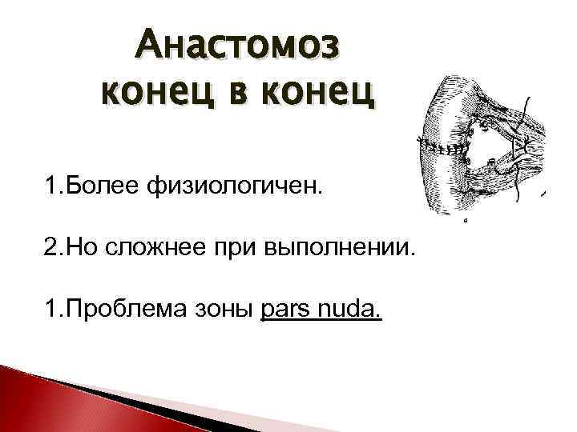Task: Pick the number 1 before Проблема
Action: point(51,309)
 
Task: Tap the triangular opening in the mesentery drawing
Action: point(492,144)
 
